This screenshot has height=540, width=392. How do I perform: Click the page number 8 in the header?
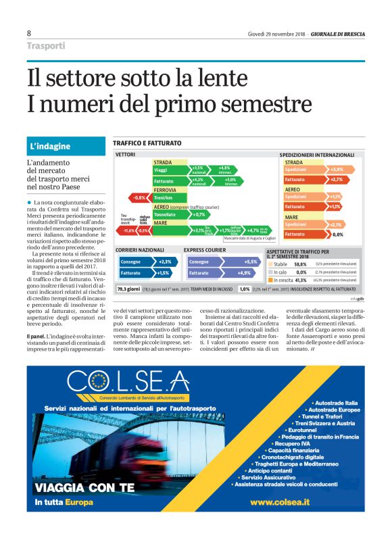(29, 33)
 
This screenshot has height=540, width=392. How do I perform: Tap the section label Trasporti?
(46, 46)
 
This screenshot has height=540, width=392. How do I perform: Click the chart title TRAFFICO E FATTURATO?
(147, 143)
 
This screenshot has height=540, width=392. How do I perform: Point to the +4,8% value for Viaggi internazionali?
(225, 169)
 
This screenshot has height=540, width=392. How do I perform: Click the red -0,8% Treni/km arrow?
(139, 197)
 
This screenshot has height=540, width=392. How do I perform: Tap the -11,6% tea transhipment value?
(128, 230)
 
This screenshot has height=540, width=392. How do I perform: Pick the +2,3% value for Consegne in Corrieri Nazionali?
(164, 261)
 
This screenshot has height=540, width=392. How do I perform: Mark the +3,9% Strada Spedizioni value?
(337, 169)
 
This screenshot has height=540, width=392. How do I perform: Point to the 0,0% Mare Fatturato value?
(338, 234)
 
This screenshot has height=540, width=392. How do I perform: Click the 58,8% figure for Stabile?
(301, 264)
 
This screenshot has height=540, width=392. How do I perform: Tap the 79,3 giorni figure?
(126, 289)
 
